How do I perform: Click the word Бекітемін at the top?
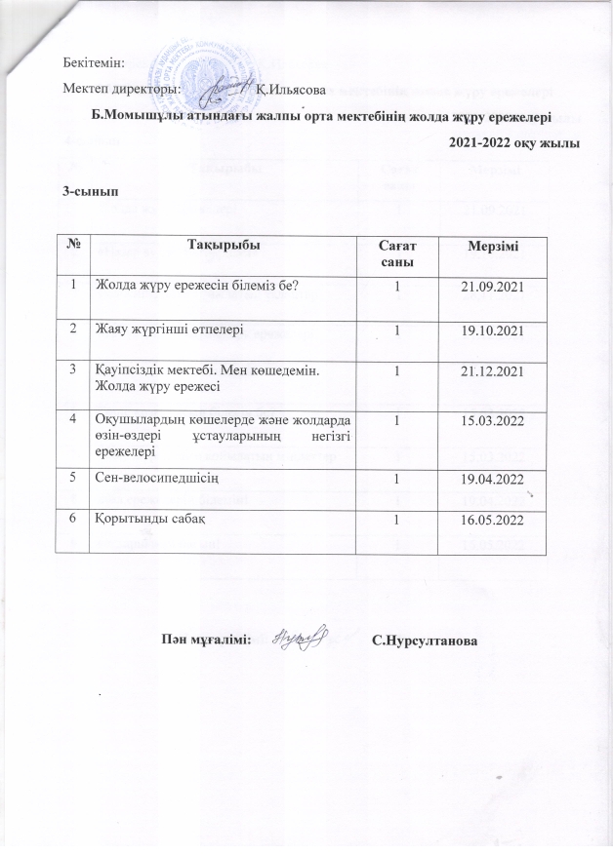tap(94, 62)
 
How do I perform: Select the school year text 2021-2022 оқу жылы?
tap(515, 143)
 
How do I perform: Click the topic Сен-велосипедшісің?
tap(156, 479)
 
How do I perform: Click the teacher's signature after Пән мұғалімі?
tap(298, 637)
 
